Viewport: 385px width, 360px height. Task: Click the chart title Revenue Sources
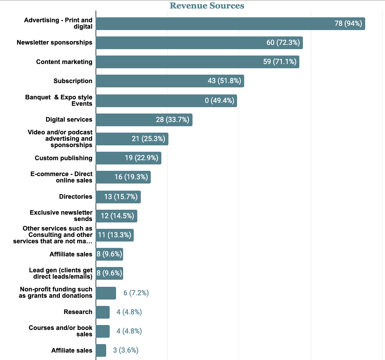point(207,6)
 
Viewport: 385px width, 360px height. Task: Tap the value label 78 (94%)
point(348,24)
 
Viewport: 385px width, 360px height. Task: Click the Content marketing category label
point(64,62)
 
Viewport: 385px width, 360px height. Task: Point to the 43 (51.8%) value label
point(224,81)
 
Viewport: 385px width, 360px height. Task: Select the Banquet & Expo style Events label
point(59,100)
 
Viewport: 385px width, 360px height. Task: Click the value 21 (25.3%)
point(149,139)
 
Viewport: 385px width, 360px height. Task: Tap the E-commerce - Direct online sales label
point(62,177)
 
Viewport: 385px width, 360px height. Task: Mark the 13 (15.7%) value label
point(121,197)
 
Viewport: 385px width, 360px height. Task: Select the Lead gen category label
point(61,273)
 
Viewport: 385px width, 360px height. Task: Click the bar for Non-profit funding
point(106,293)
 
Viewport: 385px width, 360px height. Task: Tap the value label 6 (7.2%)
point(136,293)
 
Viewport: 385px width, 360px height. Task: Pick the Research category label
point(78,312)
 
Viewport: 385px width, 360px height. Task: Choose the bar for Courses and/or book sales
point(103,331)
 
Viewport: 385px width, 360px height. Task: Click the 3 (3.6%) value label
point(126,350)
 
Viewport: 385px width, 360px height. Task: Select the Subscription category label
point(73,81)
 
